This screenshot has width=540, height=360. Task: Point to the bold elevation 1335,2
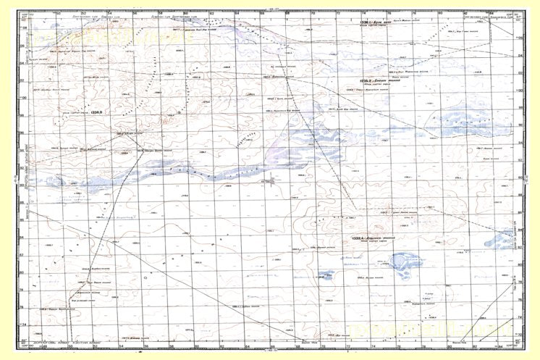[x=356, y=81]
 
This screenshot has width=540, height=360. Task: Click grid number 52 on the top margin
[x=84, y=12]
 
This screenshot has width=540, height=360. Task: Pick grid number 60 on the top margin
[x=186, y=12]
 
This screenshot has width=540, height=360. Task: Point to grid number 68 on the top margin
[x=289, y=12]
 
